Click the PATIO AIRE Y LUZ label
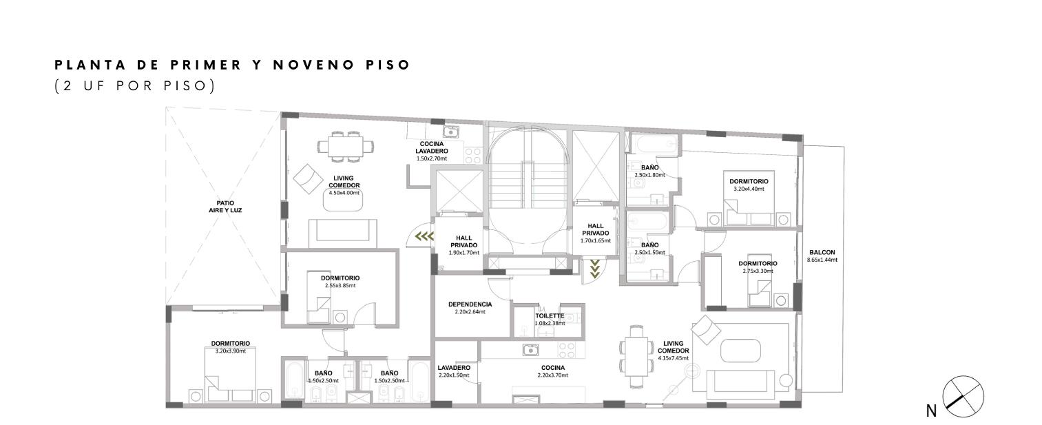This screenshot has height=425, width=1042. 225,207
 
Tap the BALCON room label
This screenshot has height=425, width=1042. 822,252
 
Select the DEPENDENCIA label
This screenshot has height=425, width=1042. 470,304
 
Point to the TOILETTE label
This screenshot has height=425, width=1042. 550,315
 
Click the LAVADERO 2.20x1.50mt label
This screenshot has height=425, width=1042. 454,371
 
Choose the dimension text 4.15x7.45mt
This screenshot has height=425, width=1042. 673,358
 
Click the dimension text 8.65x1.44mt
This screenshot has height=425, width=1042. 822,260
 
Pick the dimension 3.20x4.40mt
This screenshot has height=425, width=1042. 749,189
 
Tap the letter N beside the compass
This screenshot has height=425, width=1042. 931,411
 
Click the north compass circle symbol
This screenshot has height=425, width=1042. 963,396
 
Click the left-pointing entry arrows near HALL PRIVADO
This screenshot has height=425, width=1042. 424,236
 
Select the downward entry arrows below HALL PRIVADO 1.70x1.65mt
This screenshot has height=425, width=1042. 594,269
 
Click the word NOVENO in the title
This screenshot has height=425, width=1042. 314,65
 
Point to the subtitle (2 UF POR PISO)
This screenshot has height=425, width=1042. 135,86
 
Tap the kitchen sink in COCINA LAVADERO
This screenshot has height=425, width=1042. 450,132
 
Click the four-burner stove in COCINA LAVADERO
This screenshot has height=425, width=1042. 472,156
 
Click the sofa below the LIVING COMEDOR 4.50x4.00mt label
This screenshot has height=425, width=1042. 343,234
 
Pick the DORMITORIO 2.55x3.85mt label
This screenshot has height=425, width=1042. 340,282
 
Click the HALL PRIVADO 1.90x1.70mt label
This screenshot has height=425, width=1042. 463,245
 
